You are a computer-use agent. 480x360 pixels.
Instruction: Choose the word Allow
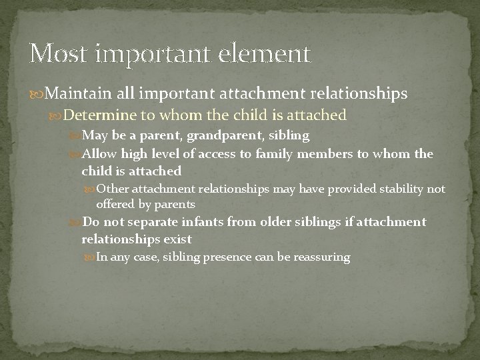point(99,155)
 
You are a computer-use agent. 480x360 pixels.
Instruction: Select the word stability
point(403,189)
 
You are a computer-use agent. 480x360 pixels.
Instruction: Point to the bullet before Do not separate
point(74,222)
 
